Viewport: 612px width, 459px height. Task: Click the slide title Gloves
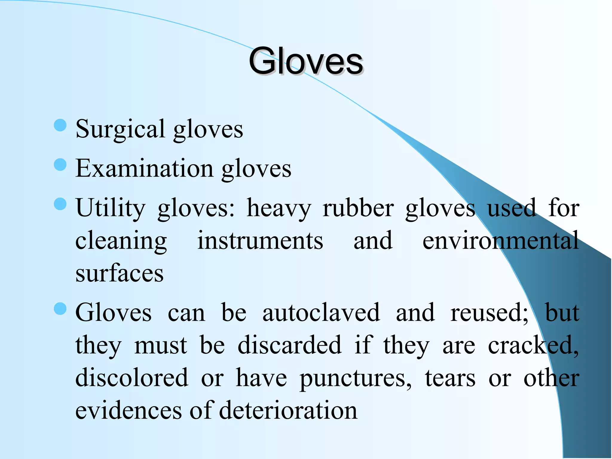(306, 62)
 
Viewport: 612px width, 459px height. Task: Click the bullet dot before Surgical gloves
(60, 125)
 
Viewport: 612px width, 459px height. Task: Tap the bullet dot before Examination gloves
(60, 165)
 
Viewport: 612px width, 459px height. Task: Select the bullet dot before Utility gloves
(60, 204)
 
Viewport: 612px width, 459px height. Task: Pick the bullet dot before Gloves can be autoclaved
(60, 309)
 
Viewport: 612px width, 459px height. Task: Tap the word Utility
(110, 208)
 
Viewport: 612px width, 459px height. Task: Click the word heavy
(279, 208)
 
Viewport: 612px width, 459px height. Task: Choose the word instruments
(260, 241)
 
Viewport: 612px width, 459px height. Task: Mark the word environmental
(501, 241)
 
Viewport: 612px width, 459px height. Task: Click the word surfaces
(120, 273)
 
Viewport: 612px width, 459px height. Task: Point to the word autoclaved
(321, 313)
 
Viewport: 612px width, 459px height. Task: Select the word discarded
(289, 345)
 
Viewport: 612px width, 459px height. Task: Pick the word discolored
(132, 378)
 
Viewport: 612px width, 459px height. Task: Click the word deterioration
(288, 411)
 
